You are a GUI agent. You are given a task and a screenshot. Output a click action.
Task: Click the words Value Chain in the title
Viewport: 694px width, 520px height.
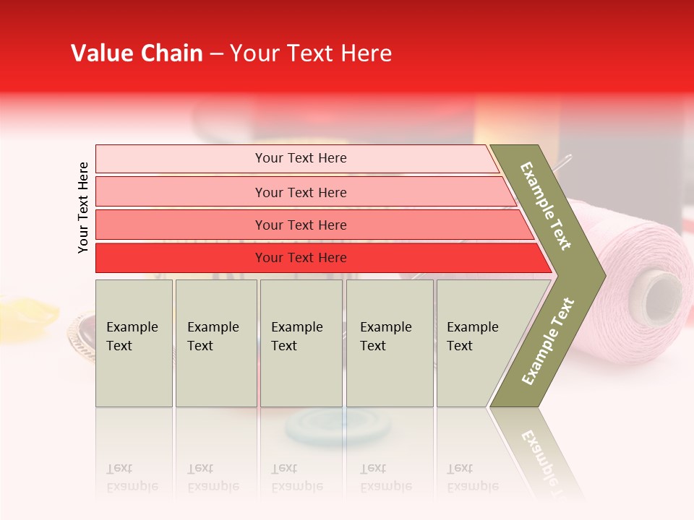(x=137, y=53)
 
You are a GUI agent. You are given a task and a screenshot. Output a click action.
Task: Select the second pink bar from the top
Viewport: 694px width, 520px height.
(x=300, y=192)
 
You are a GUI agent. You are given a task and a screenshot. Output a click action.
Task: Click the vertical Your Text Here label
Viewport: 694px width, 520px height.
(x=83, y=207)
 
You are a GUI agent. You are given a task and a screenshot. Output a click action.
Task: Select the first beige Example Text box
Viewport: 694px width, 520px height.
(x=134, y=343)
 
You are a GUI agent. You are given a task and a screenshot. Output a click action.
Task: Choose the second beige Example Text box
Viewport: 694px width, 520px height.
(x=216, y=343)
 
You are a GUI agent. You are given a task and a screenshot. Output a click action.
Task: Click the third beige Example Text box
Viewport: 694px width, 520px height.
(x=301, y=343)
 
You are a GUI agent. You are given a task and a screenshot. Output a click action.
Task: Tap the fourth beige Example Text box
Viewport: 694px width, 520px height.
(x=390, y=343)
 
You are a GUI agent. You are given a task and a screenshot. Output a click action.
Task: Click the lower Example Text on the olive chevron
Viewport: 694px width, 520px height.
(x=548, y=341)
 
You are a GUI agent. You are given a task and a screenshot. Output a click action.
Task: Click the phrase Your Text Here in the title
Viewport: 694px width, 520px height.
(x=311, y=53)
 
